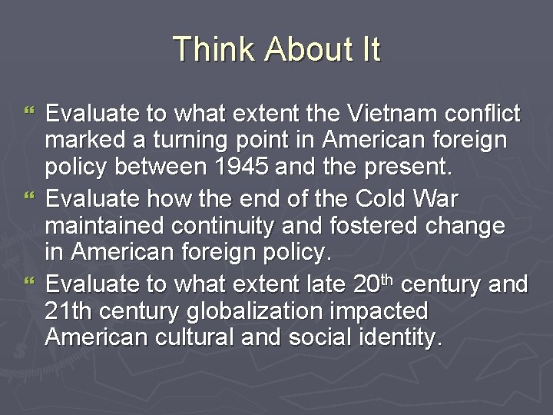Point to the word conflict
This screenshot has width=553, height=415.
[x=482, y=115]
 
